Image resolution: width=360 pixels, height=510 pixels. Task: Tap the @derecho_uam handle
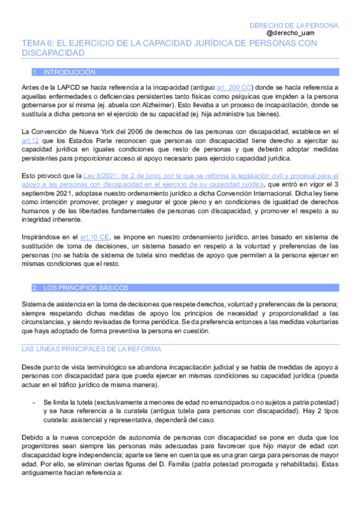pos(317,34)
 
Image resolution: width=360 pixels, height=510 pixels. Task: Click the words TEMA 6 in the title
pos(39,44)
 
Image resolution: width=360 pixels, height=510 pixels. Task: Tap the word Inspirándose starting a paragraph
pos(40,238)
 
